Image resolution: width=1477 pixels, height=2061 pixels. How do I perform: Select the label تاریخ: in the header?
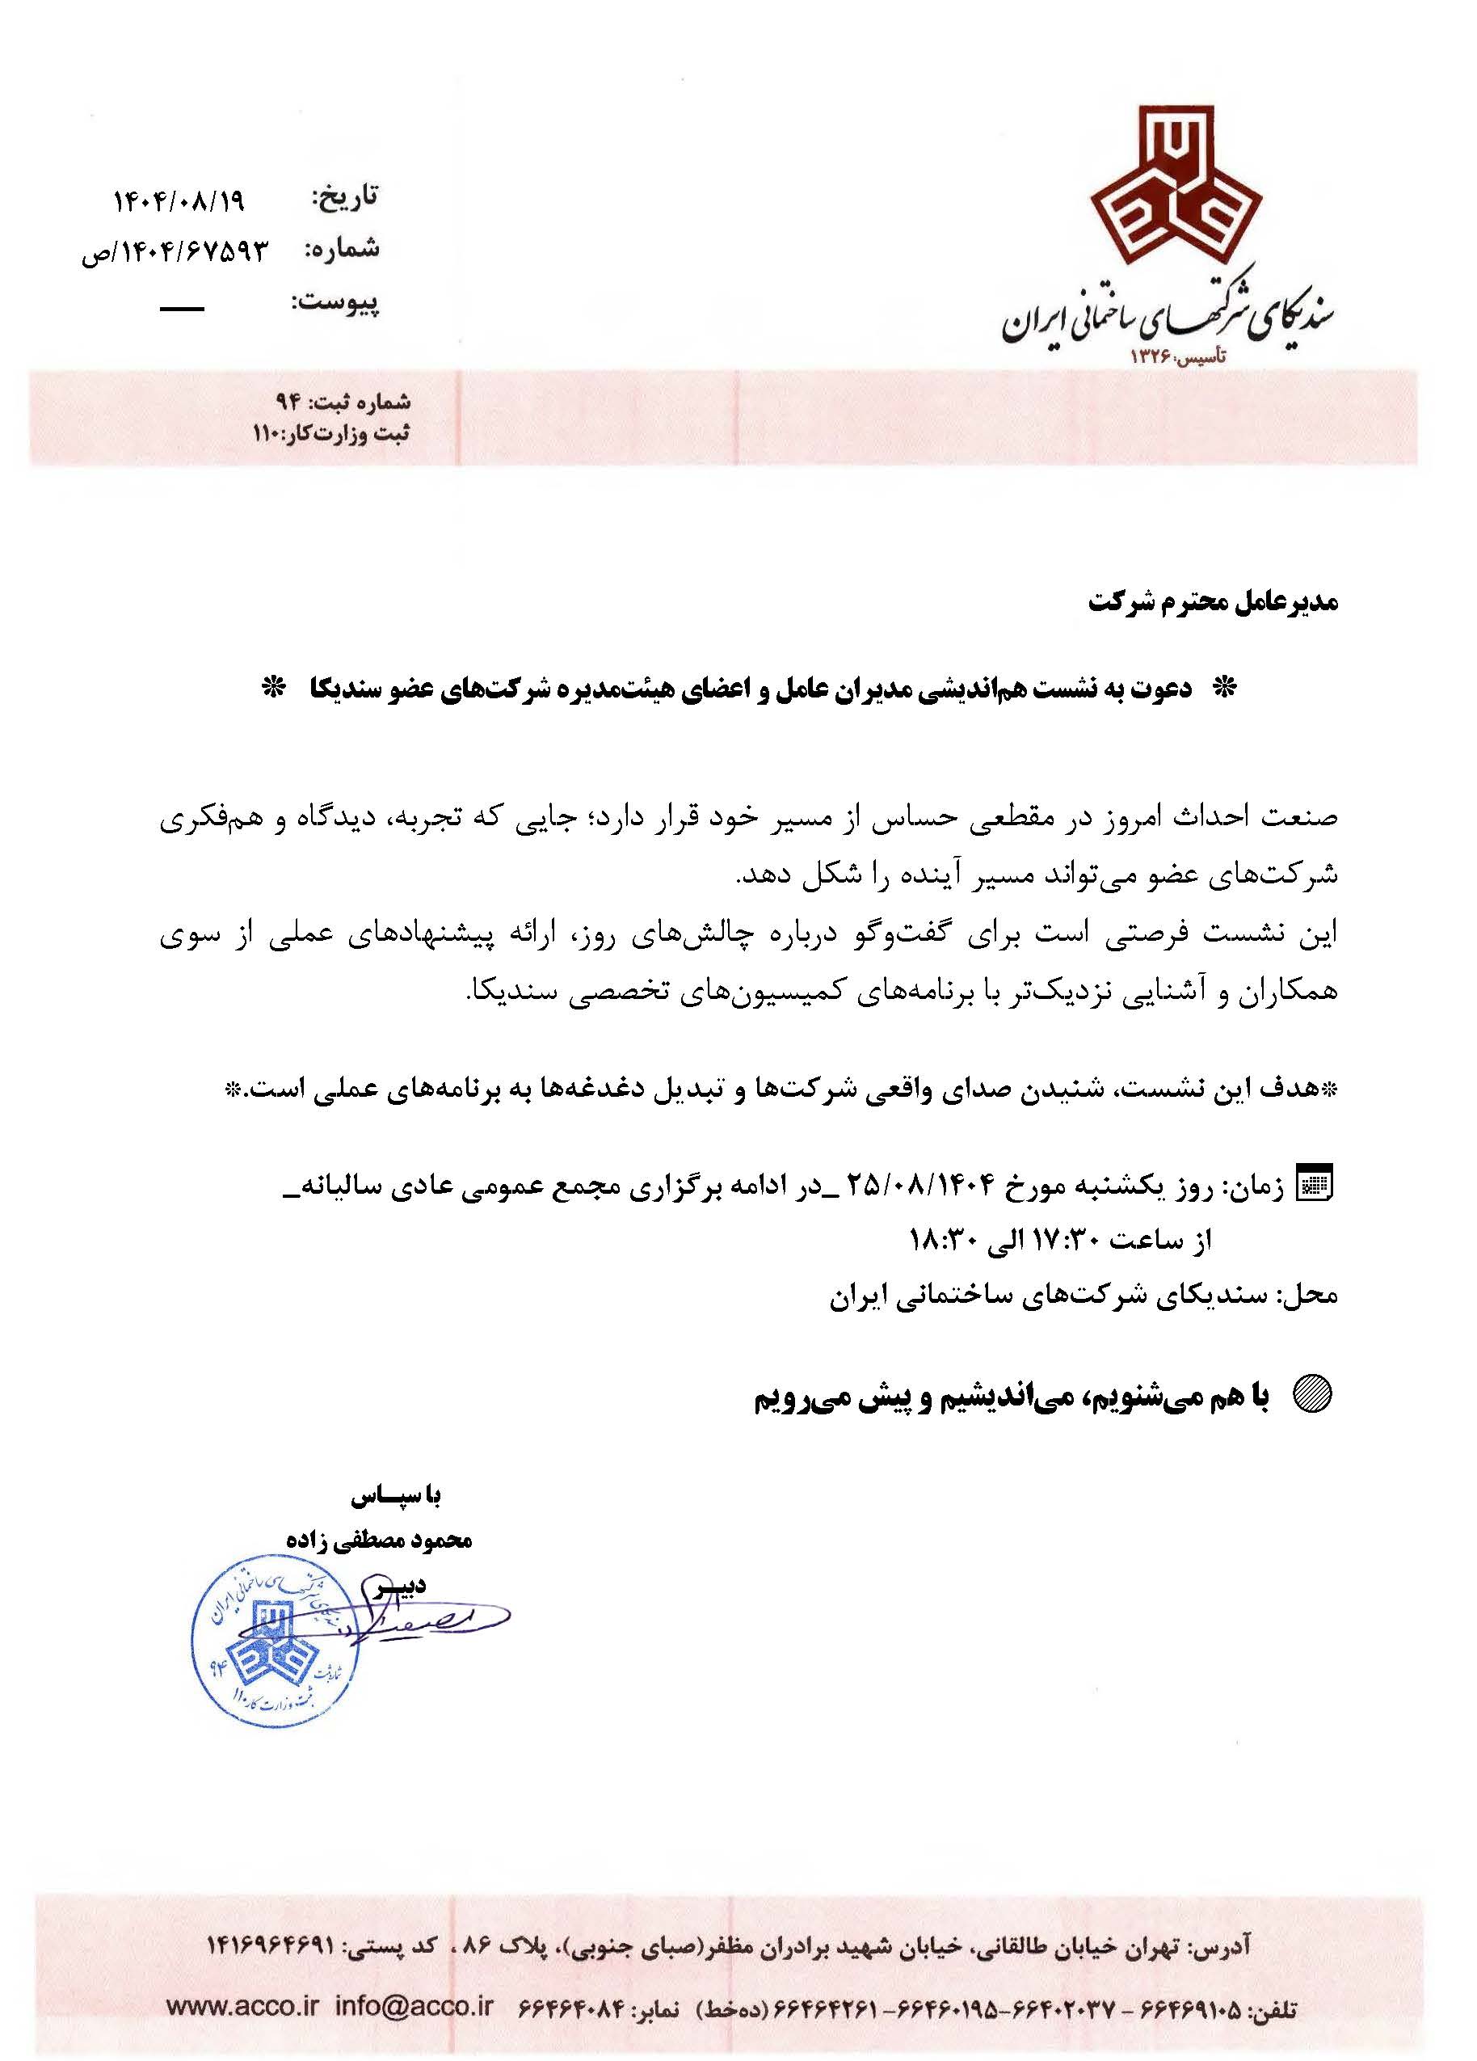344,197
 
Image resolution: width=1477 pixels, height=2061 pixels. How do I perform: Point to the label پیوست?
335,302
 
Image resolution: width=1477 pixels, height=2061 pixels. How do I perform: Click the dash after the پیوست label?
182,309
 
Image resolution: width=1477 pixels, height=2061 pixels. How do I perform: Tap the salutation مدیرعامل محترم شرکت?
1213,601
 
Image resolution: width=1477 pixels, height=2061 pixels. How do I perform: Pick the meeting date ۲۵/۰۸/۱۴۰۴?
924,1185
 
